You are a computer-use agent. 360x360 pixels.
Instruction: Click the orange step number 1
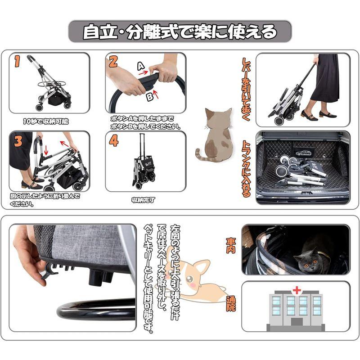click(17, 62)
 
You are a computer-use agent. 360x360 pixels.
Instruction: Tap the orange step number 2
click(113, 62)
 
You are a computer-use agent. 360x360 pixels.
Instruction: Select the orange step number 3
click(18, 141)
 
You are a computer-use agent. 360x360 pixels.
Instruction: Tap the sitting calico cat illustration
click(216, 135)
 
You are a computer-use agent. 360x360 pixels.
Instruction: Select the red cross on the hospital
click(297, 290)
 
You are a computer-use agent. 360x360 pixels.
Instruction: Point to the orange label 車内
click(230, 246)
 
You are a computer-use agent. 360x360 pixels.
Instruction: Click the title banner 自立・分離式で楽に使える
click(180, 31)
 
